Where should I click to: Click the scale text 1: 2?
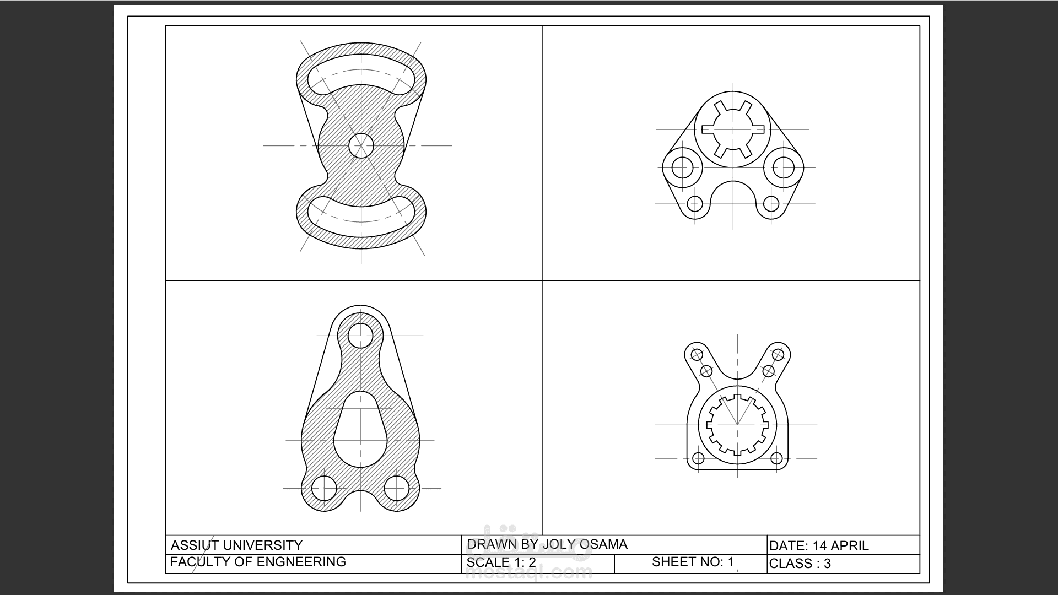pos(525,562)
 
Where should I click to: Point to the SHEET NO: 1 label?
pos(693,562)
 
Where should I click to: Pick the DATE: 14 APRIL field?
pos(819,546)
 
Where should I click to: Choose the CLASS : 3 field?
pos(800,564)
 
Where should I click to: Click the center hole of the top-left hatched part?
pos(361,145)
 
